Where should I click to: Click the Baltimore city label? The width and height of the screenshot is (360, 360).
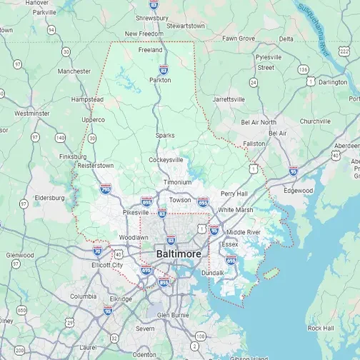[x=179, y=254]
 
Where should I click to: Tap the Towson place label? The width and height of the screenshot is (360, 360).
[x=180, y=200]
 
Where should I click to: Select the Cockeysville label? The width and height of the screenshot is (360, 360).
[x=166, y=160]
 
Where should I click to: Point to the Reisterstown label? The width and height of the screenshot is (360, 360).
[x=95, y=165]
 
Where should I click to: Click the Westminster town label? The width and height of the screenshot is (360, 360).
[x=32, y=113]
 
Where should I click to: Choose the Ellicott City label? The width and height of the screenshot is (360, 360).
[x=107, y=265]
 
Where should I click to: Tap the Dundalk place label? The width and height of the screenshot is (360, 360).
[x=213, y=273]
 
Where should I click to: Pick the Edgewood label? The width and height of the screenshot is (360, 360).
[x=299, y=191]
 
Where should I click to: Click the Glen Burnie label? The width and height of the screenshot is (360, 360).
[x=172, y=314]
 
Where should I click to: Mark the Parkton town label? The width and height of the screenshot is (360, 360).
[x=160, y=80]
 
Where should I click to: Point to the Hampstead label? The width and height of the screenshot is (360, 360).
[x=88, y=99]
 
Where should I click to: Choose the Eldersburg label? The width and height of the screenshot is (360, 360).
[x=48, y=197]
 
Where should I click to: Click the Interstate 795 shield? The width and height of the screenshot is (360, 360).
[x=106, y=189]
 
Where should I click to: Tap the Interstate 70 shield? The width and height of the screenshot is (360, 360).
[x=97, y=251]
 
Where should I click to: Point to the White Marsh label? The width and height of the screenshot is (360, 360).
[x=235, y=210]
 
